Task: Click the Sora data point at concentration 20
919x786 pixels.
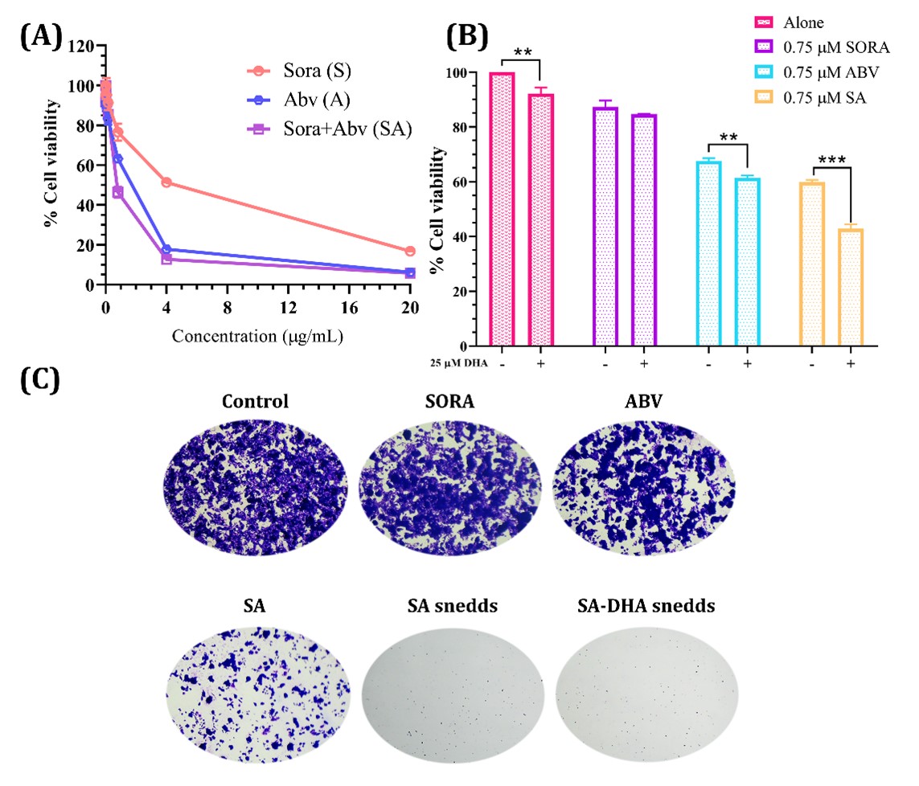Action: pyautogui.click(x=410, y=252)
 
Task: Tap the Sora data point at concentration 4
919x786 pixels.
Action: pyautogui.click(x=166, y=182)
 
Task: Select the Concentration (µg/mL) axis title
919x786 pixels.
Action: pyautogui.click(x=257, y=337)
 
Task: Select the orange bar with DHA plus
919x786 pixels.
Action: pyautogui.click(x=851, y=277)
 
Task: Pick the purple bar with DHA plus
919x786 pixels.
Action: pyautogui.click(x=642, y=220)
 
